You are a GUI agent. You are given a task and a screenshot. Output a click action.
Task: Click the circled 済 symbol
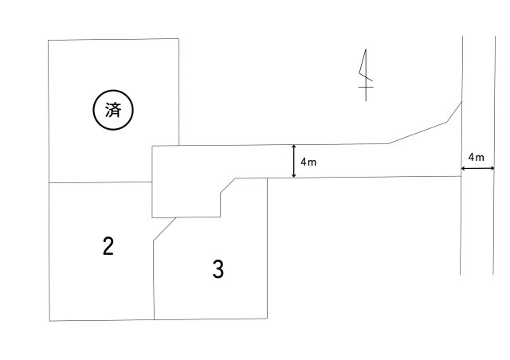pos(113,110)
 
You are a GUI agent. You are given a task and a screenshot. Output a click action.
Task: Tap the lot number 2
pos(108,246)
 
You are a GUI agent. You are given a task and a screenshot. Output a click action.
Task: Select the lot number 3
pos(218,269)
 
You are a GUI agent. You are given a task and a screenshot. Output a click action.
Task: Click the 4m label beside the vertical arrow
pos(308,162)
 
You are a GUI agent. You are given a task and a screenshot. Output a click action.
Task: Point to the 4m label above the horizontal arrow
pos(477,158)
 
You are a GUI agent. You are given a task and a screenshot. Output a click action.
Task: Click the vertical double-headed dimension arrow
pos(294,162)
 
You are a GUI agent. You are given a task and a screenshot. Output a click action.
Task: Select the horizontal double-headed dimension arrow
pos(478,168)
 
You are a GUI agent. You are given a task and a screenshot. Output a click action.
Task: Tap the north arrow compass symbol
pos(366,75)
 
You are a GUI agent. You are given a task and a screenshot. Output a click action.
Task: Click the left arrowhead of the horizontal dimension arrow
pos(463,168)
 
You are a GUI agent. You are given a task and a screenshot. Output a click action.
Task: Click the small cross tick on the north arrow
pos(366,87)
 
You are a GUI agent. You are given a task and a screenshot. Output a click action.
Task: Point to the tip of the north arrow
pos(366,49)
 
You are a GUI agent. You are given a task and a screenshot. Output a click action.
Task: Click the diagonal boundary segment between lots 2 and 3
pos(165,229)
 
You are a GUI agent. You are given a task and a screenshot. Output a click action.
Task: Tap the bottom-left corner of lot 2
pos(49,321)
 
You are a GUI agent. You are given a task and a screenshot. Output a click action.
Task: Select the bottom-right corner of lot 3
pos(268,318)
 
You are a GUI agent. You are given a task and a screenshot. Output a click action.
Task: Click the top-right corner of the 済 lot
pos(178,39)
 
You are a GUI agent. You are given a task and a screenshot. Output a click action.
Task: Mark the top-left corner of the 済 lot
pos(48,41)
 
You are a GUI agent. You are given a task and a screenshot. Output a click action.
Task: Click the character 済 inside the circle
pos(113,110)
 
